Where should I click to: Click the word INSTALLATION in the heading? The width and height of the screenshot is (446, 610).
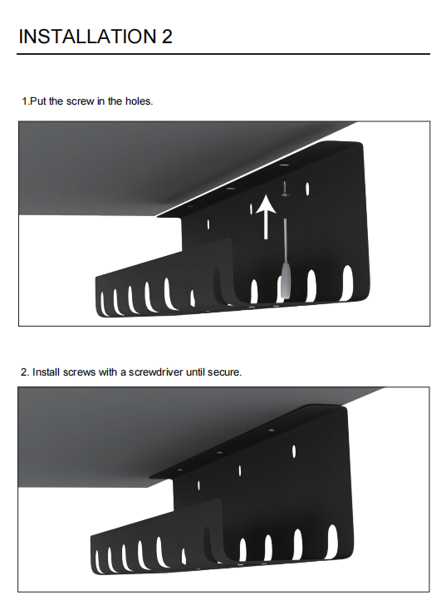click(86, 37)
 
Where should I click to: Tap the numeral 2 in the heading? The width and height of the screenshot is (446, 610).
click(166, 37)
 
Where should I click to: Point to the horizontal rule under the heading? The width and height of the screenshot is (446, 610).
click(223, 54)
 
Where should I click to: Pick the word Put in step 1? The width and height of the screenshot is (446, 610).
click(38, 101)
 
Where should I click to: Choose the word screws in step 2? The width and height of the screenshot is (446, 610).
click(79, 372)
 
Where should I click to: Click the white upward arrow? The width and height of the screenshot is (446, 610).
click(267, 217)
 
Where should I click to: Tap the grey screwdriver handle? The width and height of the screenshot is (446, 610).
click(285, 281)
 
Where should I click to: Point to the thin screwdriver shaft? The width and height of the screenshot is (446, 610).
click(286, 241)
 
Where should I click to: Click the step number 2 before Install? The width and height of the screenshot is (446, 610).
click(23, 372)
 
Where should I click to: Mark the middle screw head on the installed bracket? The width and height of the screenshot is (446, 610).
click(220, 452)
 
